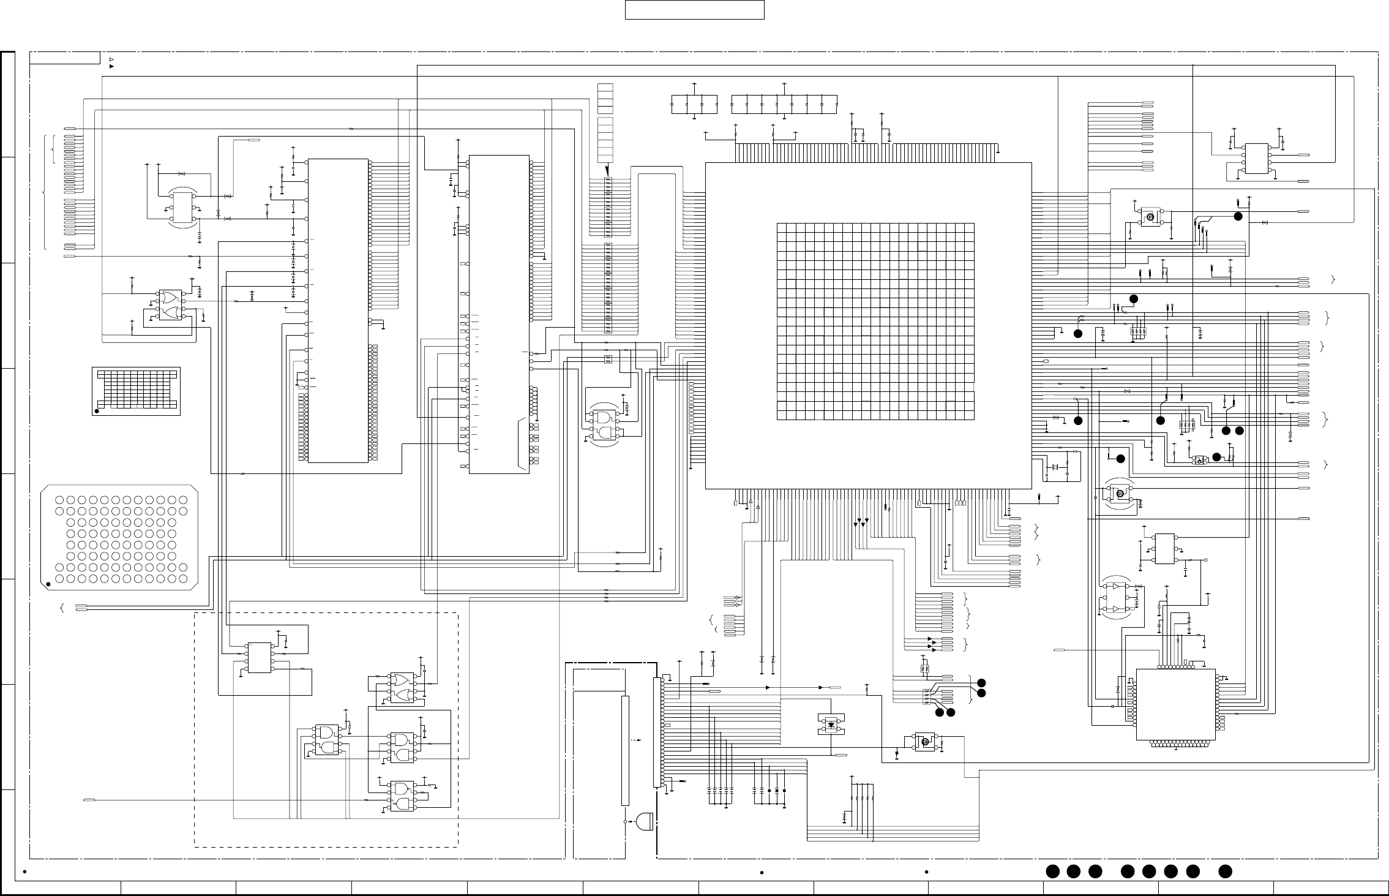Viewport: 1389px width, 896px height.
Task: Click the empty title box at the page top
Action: pyautogui.click(x=694, y=10)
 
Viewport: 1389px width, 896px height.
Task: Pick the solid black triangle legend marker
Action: pyautogui.click(x=111, y=66)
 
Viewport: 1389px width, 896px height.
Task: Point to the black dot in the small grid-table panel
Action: pyautogui.click(x=97, y=411)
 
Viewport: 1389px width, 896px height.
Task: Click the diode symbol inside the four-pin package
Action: pyautogui.click(x=831, y=725)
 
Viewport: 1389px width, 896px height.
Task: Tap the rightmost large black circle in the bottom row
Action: pyautogui.click(x=1225, y=871)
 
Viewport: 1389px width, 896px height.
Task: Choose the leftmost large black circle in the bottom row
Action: pyautogui.click(x=1052, y=871)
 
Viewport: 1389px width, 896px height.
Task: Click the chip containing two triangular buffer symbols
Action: pyautogui.click(x=1118, y=598)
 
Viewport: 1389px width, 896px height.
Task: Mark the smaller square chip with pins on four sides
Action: pyautogui.click(x=1175, y=704)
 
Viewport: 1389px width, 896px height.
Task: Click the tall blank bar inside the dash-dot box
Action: pyautogui.click(x=625, y=750)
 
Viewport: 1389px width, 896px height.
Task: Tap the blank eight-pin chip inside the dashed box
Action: pyautogui.click(x=259, y=658)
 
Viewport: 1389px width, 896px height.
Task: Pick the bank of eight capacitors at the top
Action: pyautogui.click(x=784, y=104)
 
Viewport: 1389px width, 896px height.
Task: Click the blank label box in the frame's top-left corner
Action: pyautogui.click(x=65, y=58)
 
